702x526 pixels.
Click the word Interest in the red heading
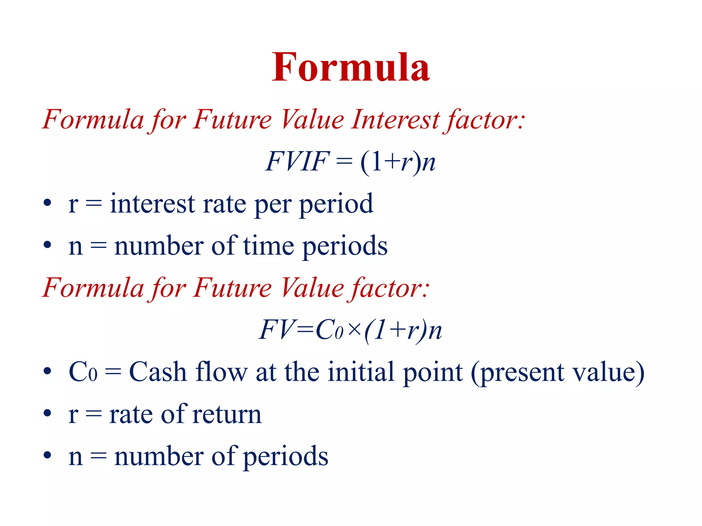[395, 120]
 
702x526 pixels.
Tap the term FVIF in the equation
[297, 162]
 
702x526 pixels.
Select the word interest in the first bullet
[152, 204]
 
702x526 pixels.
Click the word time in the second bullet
[268, 246]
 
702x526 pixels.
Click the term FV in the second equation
[276, 330]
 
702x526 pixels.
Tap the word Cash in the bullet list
[158, 372]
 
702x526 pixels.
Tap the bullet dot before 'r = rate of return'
[47, 413]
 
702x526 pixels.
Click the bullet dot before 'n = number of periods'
[47, 455]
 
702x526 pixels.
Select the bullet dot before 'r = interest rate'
[47, 203]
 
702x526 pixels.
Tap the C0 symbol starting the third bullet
[83, 372]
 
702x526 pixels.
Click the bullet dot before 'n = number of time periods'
[47, 245]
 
